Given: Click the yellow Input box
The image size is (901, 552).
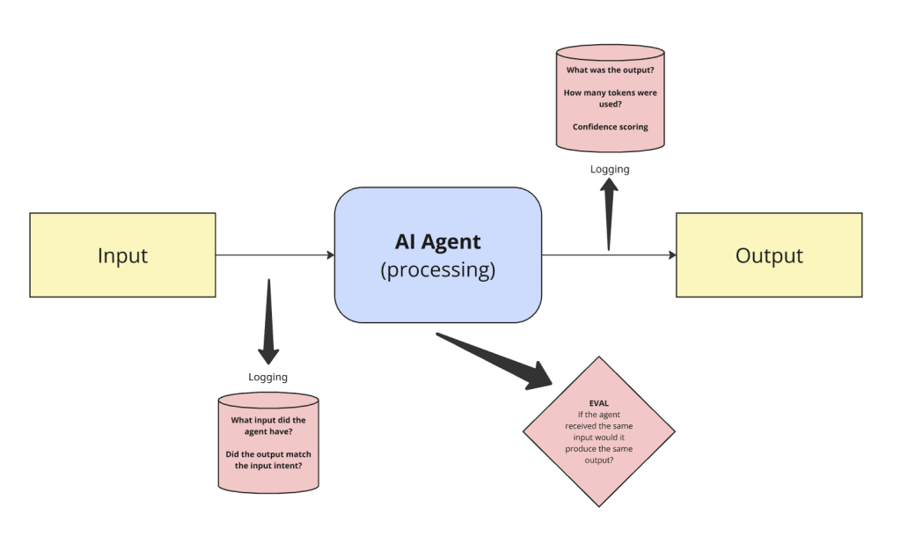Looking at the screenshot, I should (122, 255).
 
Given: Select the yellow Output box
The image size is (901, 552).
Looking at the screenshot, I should (769, 255).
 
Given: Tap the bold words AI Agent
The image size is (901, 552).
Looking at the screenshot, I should (437, 241).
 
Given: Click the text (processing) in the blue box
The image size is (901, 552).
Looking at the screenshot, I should (437, 269).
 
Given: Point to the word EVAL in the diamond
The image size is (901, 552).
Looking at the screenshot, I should (599, 402).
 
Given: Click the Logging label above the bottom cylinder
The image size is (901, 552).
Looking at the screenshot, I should (267, 377).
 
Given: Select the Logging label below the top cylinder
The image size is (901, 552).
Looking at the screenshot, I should (610, 169).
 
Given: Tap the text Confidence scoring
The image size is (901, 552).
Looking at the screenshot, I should (610, 127).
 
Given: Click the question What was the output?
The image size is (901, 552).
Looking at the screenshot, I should (610, 70).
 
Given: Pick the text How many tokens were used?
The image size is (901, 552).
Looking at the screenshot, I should (610, 98).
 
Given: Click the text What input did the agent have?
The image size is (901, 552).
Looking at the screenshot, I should (268, 426).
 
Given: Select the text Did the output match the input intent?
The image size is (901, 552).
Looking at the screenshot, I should (268, 460).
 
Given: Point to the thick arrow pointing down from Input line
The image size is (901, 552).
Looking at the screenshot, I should (268, 321).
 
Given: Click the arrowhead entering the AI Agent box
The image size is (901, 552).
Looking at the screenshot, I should (330, 255).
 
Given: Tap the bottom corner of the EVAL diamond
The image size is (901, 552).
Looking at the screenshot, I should (599, 504).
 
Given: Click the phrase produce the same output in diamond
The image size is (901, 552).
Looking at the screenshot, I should (599, 454).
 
